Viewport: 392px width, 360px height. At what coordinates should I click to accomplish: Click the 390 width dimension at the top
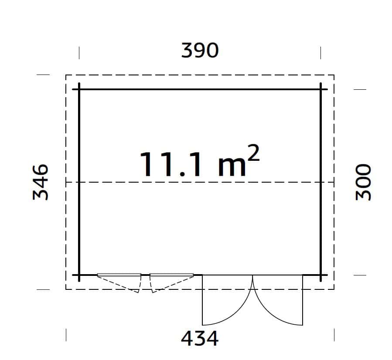[200, 51]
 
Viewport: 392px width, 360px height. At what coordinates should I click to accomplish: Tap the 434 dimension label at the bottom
[200, 338]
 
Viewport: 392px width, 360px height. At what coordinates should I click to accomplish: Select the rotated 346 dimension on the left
[41, 182]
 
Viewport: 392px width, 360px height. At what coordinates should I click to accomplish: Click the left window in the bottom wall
[119, 275]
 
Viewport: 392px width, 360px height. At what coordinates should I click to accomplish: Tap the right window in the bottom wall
[171, 275]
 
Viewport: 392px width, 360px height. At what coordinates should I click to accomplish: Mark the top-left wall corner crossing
[79, 89]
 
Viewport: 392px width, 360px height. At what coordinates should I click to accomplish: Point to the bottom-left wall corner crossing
[79, 275]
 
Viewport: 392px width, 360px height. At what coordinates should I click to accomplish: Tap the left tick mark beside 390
[79, 53]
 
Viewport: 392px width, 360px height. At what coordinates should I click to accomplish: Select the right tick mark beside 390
[320, 53]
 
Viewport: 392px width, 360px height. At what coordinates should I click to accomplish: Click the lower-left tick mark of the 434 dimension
[66, 335]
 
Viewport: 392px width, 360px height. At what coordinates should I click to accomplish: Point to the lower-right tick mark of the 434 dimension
[334, 335]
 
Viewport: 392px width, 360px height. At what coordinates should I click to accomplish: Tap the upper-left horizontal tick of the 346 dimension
[43, 75]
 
